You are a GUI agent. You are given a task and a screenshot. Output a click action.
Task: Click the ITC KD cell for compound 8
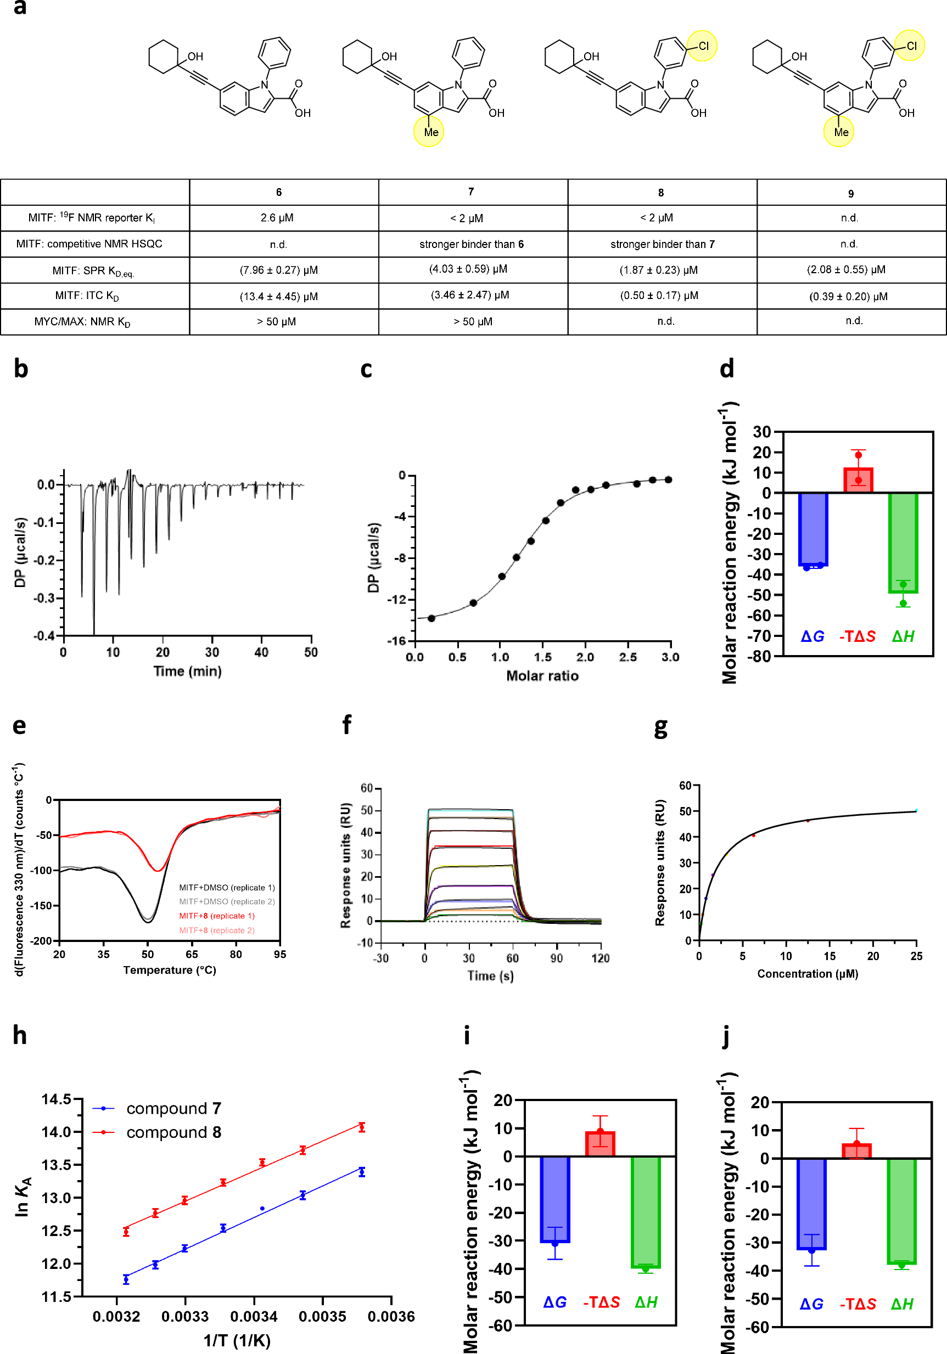point(659,296)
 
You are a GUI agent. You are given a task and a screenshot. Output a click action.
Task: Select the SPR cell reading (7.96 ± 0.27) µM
point(278,270)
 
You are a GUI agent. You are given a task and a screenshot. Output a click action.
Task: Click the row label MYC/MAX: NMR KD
point(82,322)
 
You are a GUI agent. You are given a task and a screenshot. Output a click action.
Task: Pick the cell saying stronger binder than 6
point(472,244)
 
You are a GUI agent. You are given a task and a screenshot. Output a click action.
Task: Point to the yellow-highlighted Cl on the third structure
point(702,46)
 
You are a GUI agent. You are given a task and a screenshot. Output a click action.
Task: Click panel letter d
point(727,369)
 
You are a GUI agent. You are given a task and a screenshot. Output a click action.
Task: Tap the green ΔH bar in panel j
point(901,1211)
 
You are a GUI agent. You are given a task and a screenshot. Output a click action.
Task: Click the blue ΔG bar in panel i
point(554,1199)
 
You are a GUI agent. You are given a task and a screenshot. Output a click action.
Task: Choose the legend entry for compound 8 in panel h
point(173,1132)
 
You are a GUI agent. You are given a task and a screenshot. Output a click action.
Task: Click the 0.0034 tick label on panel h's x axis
point(254,1317)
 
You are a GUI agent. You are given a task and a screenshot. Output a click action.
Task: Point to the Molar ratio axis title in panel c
point(542,676)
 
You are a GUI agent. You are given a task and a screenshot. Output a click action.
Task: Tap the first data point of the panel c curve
point(432,618)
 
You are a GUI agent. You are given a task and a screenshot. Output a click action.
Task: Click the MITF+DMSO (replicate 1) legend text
point(227,888)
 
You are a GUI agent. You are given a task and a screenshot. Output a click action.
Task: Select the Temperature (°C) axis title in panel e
point(169,970)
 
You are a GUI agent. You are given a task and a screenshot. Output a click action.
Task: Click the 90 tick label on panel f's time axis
point(557,958)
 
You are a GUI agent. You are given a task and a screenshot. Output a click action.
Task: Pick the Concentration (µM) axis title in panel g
point(807,974)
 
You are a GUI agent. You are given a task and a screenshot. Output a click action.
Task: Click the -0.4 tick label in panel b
point(44,636)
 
